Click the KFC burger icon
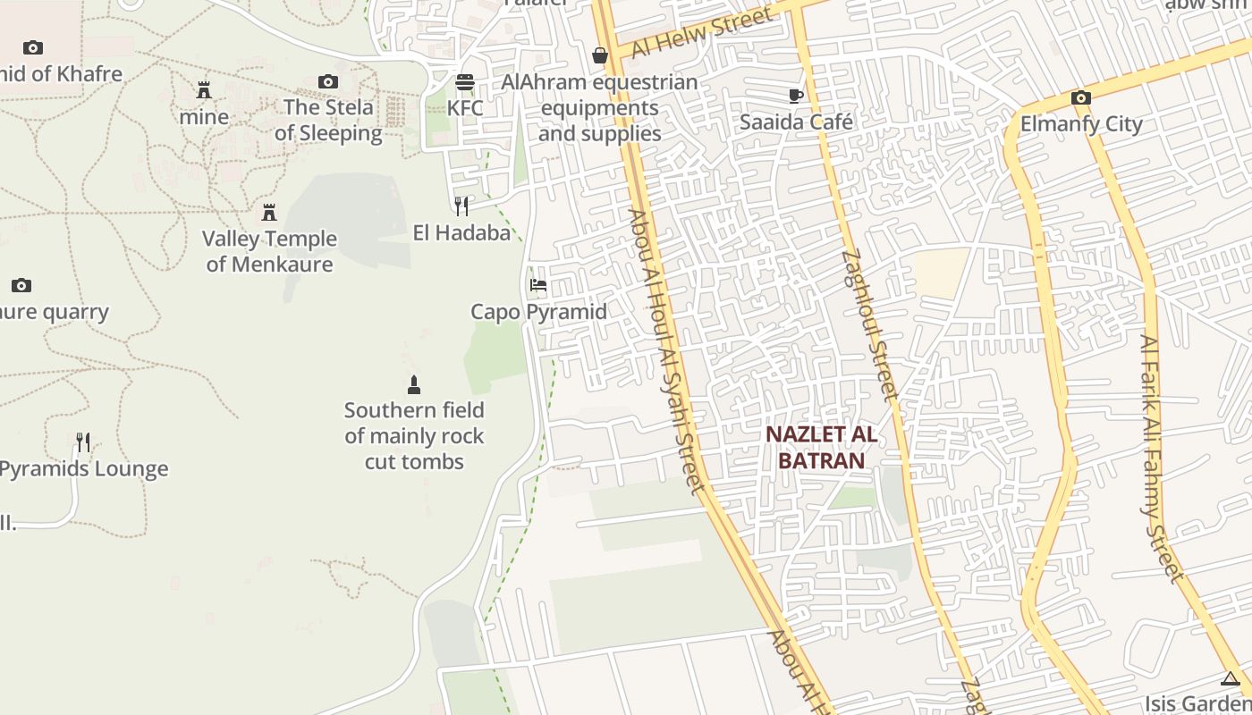(x=465, y=82)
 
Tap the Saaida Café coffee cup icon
(x=796, y=96)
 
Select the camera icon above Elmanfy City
(x=1080, y=97)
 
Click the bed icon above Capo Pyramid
(x=538, y=285)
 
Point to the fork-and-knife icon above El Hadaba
(x=461, y=206)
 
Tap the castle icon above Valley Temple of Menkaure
(x=269, y=212)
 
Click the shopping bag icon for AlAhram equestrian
(x=599, y=56)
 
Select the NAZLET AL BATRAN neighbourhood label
(x=821, y=448)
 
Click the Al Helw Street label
(x=702, y=33)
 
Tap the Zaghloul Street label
(x=868, y=324)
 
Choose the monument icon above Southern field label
(x=414, y=385)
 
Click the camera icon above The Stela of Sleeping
(x=328, y=82)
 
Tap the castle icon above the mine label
(x=204, y=90)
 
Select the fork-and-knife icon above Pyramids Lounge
(x=83, y=442)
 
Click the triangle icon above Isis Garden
(x=1231, y=679)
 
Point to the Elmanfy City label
(x=1081, y=123)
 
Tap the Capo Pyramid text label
(x=538, y=312)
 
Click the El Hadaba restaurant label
(x=461, y=233)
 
